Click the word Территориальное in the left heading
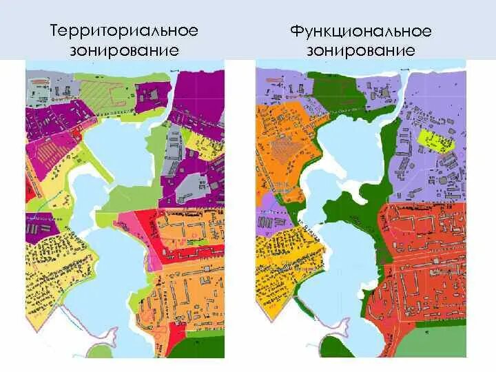click(x=123, y=31)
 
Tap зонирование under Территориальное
click(x=123, y=50)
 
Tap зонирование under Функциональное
click(x=361, y=50)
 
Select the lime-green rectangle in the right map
click(x=436, y=141)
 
